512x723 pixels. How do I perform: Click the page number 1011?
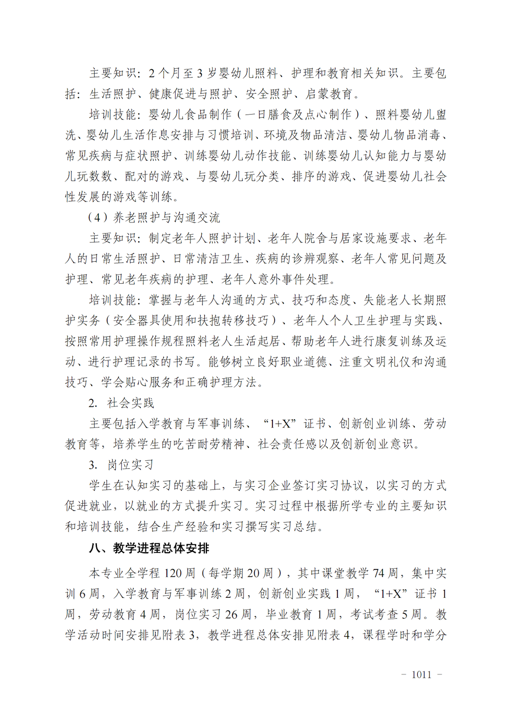pyautogui.click(x=421, y=675)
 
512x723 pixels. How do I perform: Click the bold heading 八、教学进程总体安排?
pyautogui.click(x=149, y=549)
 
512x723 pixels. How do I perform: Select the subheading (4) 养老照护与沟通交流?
pyautogui.click(x=154, y=218)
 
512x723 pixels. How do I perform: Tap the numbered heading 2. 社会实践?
pyautogui.click(x=121, y=403)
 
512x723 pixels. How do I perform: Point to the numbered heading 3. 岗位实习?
pyautogui.click(x=121, y=465)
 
